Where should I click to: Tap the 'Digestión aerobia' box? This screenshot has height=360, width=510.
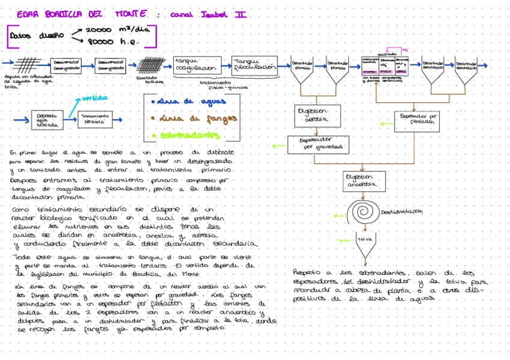coord(318,115)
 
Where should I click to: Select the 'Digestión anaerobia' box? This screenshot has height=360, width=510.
coord(360,180)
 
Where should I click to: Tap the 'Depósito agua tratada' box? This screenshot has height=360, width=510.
coord(47,120)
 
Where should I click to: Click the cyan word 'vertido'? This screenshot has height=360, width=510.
coord(95,97)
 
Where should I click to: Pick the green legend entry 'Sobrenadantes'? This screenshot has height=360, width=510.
coord(191,136)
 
